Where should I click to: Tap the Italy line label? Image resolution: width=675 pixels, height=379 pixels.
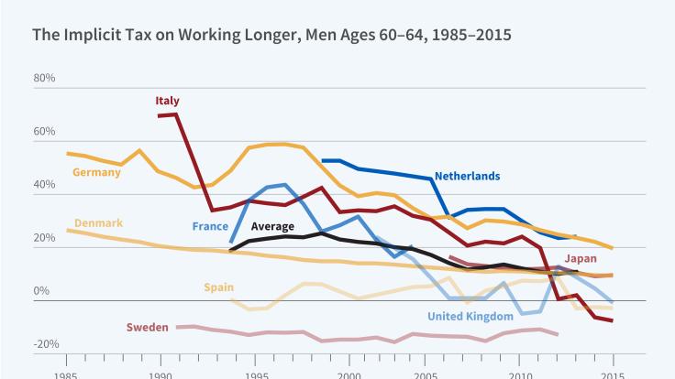click(x=167, y=101)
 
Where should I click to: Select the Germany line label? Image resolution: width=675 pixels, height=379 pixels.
click(x=95, y=172)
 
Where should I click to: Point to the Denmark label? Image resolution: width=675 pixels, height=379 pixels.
click(x=97, y=223)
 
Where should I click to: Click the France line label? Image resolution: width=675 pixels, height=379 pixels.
click(x=210, y=226)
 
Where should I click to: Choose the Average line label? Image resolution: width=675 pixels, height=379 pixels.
click(x=272, y=226)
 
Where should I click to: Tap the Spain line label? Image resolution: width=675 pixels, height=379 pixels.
click(x=218, y=287)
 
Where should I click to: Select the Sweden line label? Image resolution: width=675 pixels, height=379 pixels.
click(x=147, y=326)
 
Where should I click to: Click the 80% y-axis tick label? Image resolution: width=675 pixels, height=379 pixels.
click(x=44, y=79)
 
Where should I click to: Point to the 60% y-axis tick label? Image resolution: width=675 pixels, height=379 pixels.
click(x=44, y=132)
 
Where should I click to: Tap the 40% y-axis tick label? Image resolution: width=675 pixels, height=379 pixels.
click(x=44, y=185)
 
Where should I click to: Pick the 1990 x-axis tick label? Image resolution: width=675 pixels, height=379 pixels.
click(x=160, y=374)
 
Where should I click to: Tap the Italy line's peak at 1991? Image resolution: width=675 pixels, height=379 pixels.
click(x=175, y=114)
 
